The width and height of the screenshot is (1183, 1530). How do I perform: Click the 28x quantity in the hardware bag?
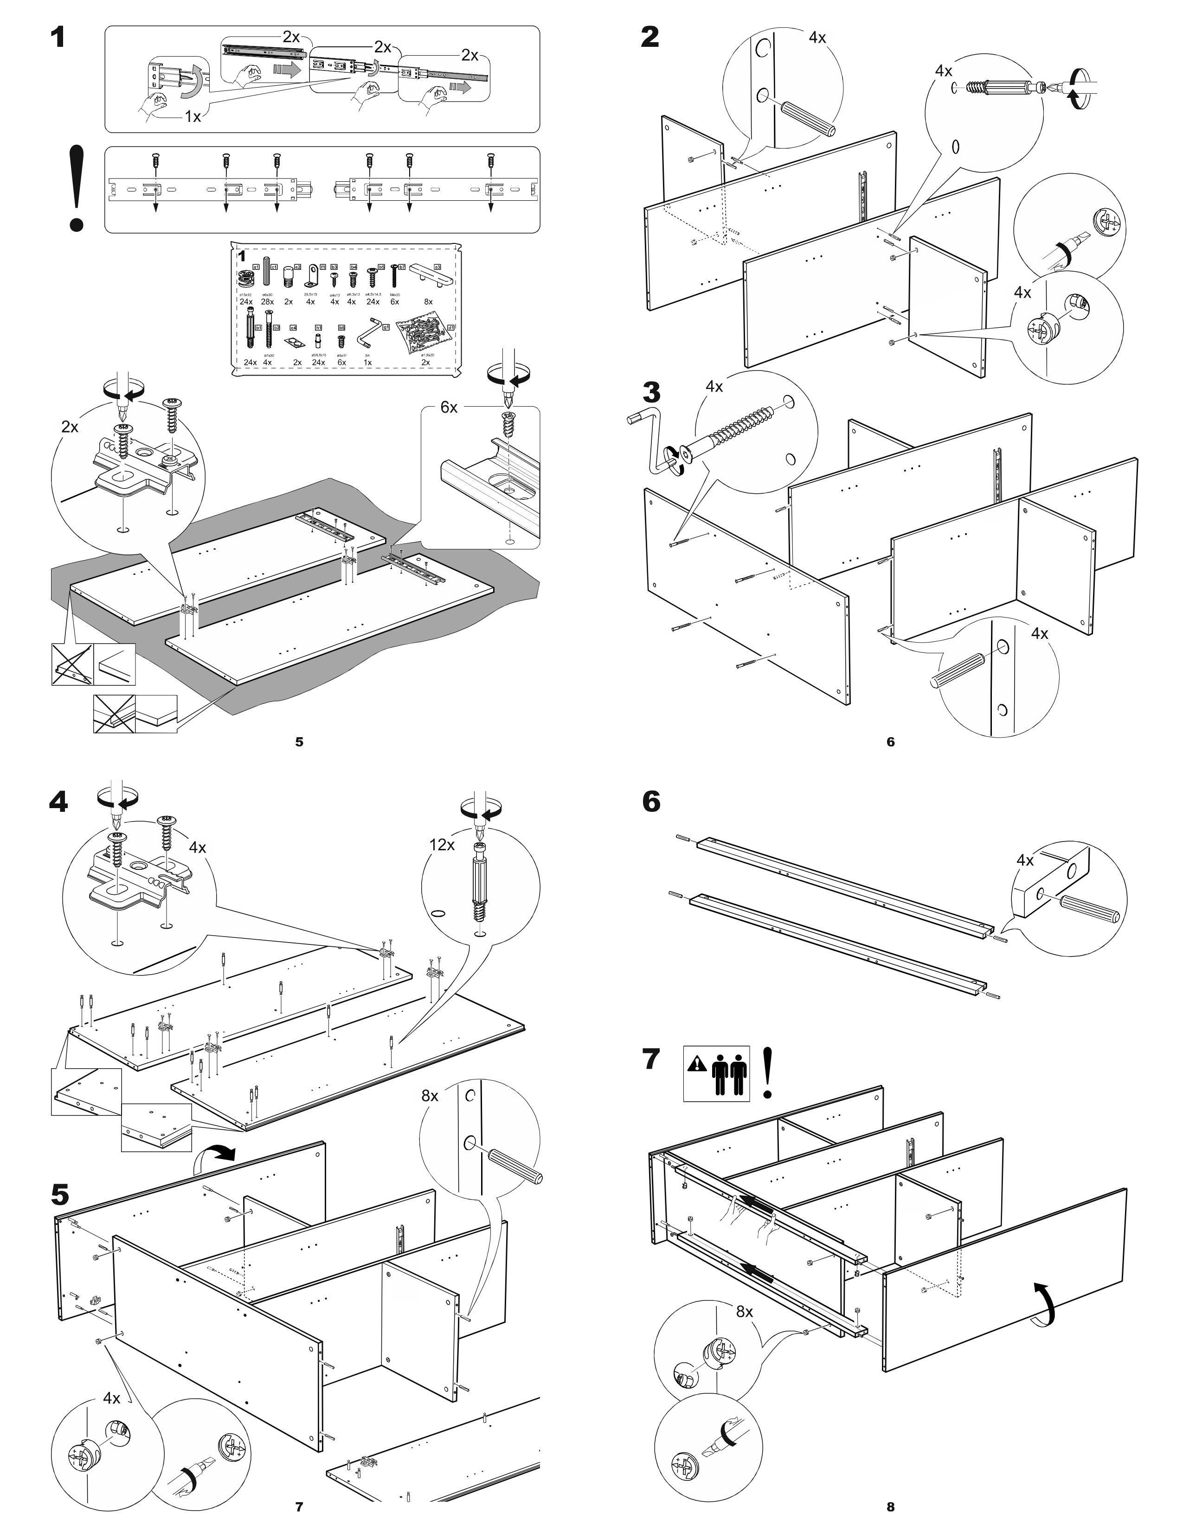coord(267,302)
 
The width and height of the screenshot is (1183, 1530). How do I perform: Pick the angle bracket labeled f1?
coord(312,279)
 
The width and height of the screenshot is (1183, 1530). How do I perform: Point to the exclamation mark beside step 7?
coord(768,1072)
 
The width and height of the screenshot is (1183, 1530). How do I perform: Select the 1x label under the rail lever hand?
coord(193,117)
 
